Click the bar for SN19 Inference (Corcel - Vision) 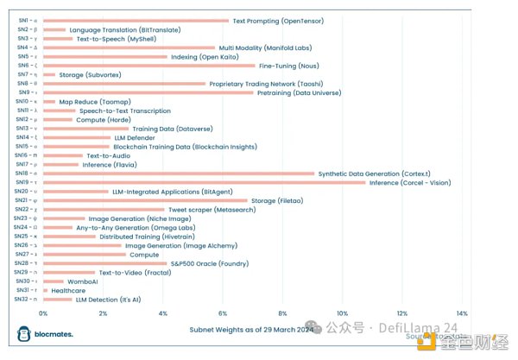click(x=204, y=182)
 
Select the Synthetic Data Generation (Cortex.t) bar click(x=179, y=174)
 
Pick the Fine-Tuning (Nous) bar click(x=148, y=66)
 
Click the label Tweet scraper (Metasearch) click(x=207, y=209)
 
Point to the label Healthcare click(x=68, y=290)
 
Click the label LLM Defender click(x=135, y=137)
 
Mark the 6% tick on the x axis click(x=223, y=313)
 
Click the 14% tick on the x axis click(x=462, y=313)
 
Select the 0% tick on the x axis click(x=43, y=313)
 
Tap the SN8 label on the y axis click(x=26, y=84)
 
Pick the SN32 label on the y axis click(x=25, y=300)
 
